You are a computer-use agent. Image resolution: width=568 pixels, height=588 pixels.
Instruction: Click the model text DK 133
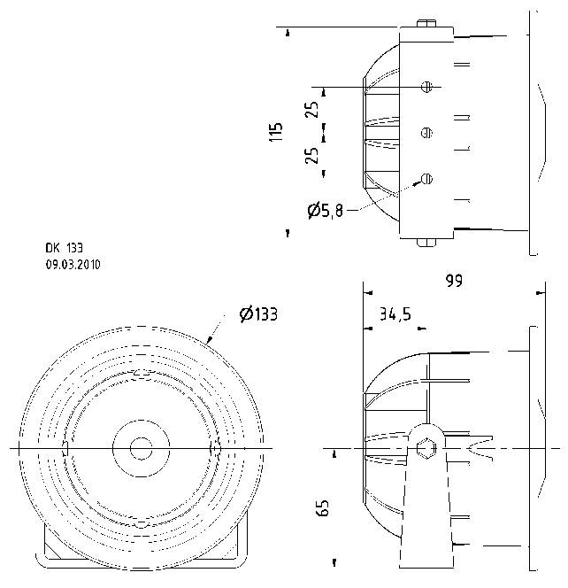coord(64,249)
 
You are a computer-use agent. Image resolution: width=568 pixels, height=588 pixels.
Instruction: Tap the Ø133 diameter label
coord(257,313)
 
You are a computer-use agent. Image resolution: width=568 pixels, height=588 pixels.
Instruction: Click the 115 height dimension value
coord(277,132)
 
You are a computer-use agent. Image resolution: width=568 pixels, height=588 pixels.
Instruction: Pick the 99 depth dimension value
coord(455,281)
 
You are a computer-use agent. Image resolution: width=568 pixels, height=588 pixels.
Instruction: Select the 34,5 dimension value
coord(395,313)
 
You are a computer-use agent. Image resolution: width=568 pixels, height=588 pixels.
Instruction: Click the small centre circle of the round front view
coord(140,448)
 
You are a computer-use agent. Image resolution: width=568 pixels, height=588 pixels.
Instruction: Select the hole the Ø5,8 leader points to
coord(427,178)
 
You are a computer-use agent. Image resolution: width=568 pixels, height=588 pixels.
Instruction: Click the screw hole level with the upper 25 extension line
coord(427,87)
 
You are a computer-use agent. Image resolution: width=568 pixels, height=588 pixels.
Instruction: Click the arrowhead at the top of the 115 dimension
coord(288,32)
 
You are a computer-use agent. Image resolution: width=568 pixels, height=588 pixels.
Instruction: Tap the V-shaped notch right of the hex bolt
coord(481,448)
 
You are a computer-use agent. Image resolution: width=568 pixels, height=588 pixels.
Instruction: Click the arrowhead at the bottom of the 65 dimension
coord(334,561)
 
